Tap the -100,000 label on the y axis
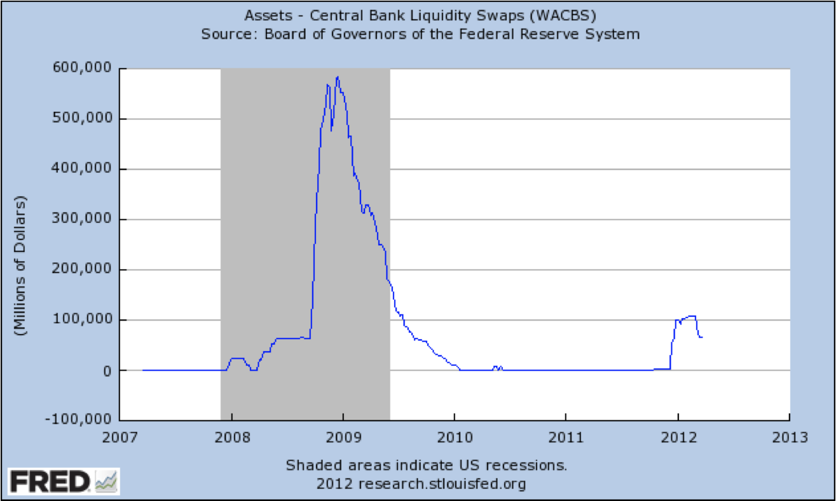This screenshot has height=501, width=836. click(78, 420)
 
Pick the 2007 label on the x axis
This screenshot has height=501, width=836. click(120, 438)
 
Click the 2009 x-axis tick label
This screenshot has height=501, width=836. click(343, 438)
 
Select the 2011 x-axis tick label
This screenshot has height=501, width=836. click(566, 438)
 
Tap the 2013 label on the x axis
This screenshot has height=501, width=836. click(789, 438)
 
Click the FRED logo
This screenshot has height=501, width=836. click(64, 482)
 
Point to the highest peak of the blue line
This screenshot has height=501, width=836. click(337, 77)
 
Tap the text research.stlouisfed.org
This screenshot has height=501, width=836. click(442, 484)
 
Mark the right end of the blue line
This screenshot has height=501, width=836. click(702, 337)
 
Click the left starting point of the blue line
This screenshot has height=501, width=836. click(143, 370)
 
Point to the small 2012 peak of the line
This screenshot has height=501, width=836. click(692, 316)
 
